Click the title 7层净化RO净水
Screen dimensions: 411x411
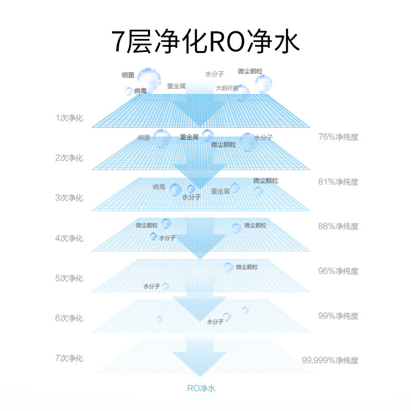205,42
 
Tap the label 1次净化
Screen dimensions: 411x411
69,118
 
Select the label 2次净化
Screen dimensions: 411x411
69,158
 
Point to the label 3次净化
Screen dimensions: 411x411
69,198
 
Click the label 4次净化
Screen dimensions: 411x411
69,238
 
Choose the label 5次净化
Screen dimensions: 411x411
69,278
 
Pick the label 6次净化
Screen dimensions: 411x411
69,318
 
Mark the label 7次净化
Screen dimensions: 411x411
69,358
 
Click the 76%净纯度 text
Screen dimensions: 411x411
338,137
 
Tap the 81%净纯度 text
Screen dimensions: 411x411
338,182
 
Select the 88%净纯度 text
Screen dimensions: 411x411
338,226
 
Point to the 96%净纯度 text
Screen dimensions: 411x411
338,271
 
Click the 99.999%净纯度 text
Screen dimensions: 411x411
330,361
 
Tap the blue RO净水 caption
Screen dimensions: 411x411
201,388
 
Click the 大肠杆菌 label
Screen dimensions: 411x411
227,88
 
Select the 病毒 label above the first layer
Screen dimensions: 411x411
140,91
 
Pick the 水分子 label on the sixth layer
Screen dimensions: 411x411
215,322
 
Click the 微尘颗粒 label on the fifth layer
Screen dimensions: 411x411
247,267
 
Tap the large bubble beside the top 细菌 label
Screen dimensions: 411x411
149,79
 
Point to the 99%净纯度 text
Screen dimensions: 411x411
338,316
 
